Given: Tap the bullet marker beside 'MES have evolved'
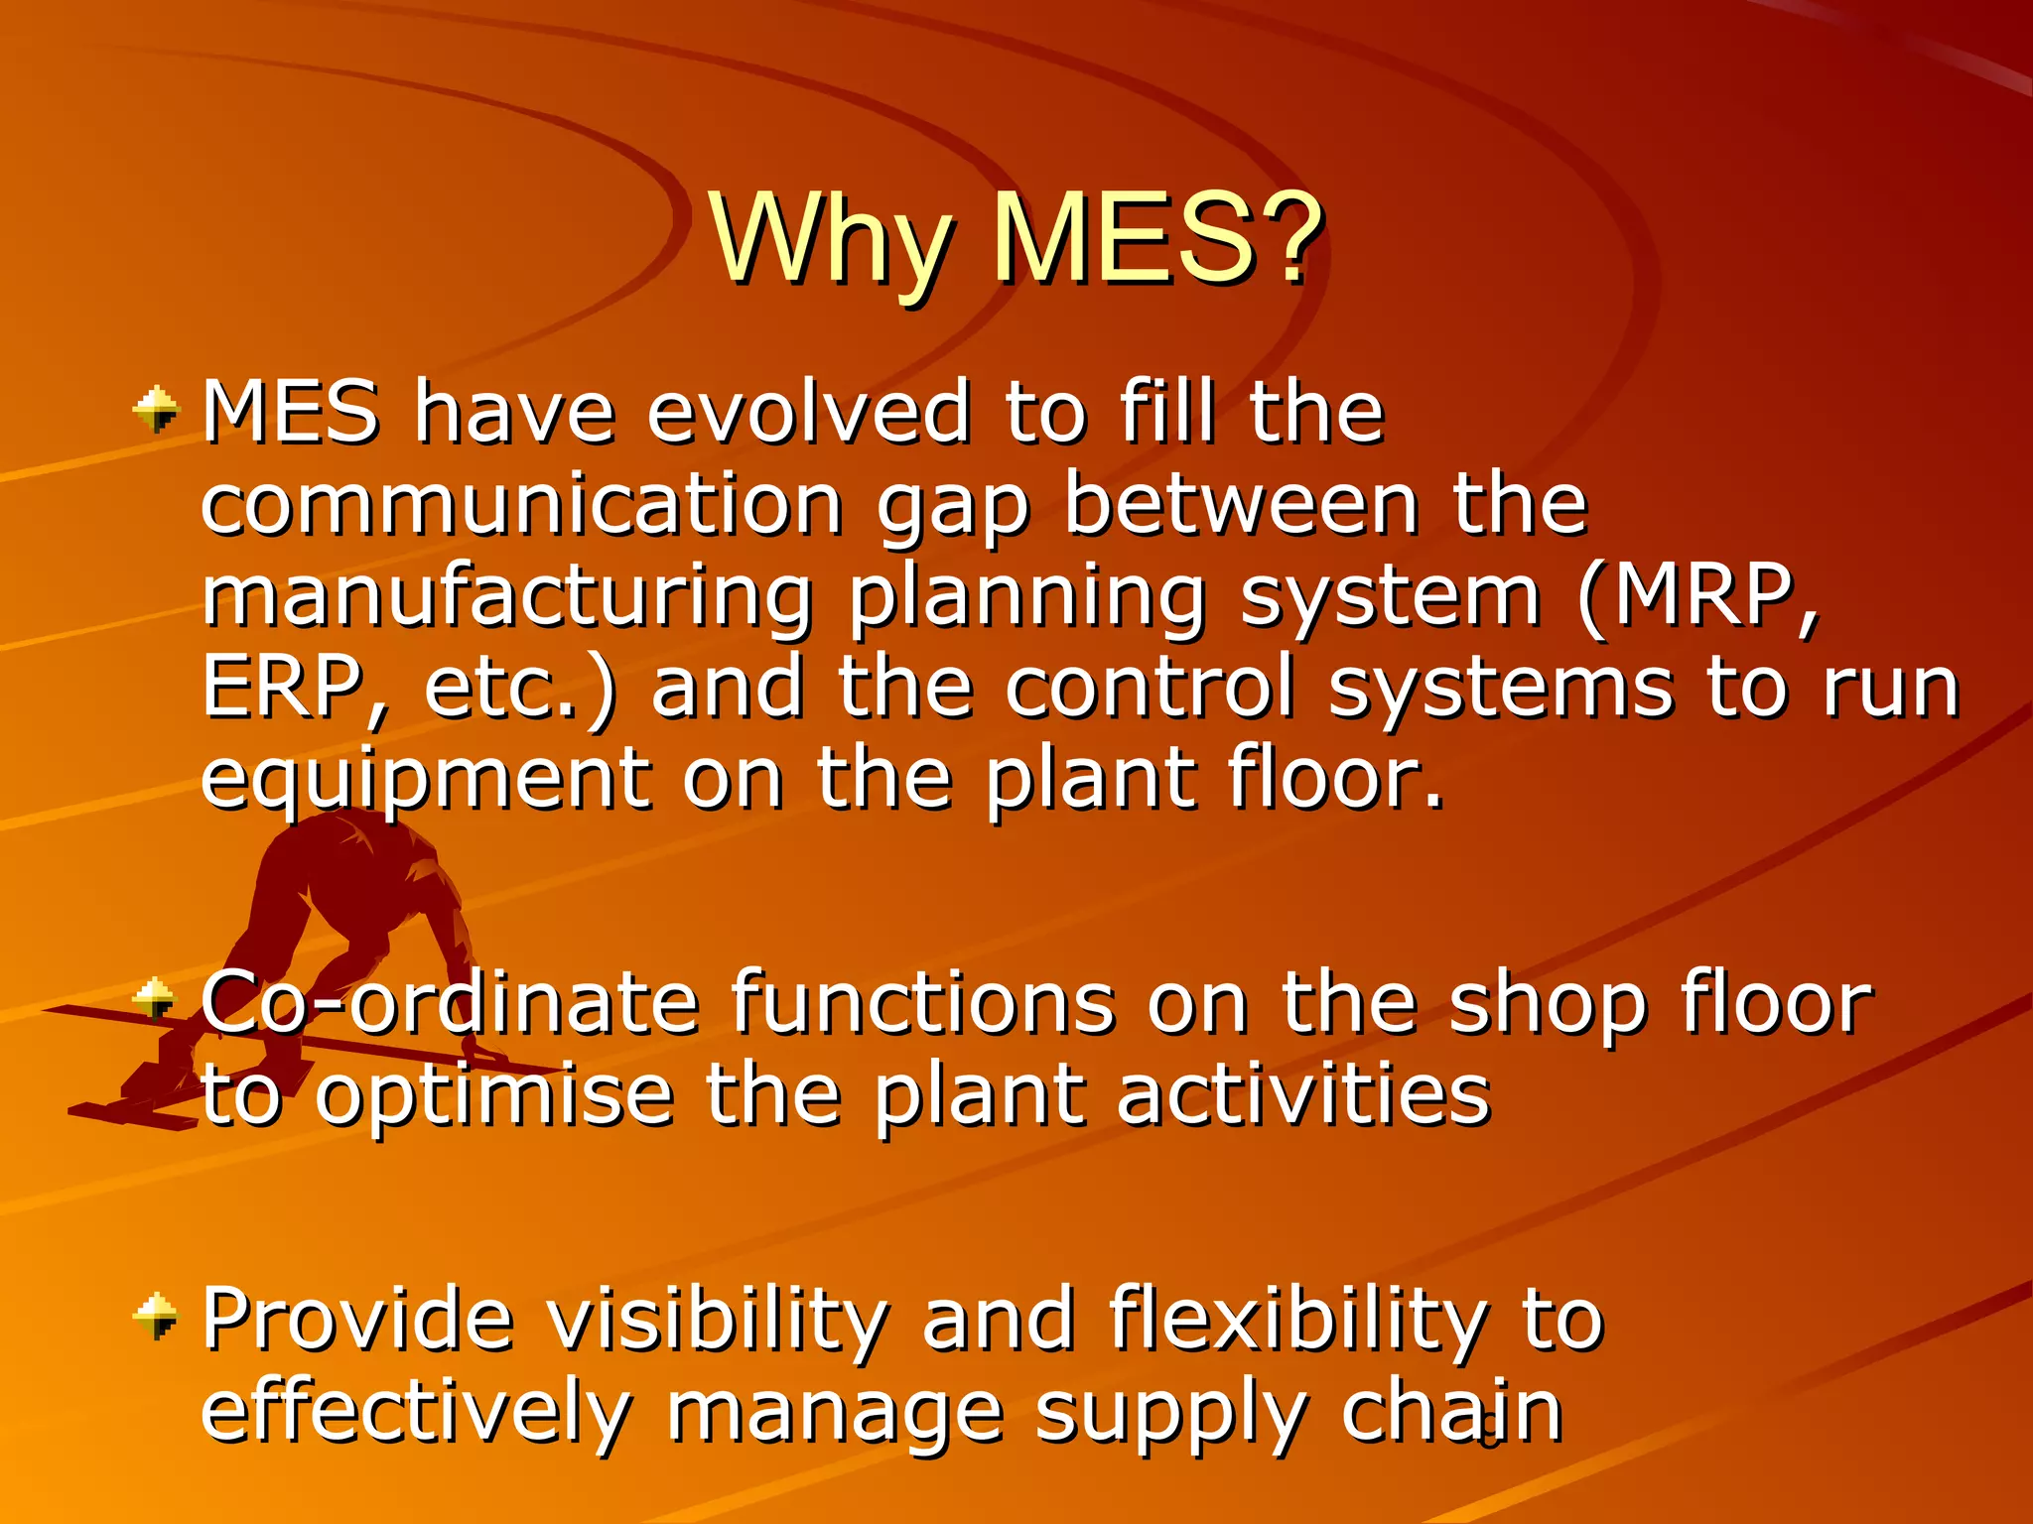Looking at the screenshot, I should [x=157, y=411].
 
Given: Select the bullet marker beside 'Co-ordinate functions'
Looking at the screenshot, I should [x=155, y=999].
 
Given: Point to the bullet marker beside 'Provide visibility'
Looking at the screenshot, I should [x=156, y=1317].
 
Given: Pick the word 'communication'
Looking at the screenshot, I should [x=522, y=504].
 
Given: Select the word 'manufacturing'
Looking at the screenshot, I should [x=507, y=598].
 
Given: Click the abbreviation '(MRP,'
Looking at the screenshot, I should [x=1698, y=596].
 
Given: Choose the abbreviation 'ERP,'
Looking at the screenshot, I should [x=294, y=688].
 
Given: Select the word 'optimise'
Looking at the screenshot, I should [x=493, y=1096].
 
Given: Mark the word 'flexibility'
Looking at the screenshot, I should [x=1299, y=1320].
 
